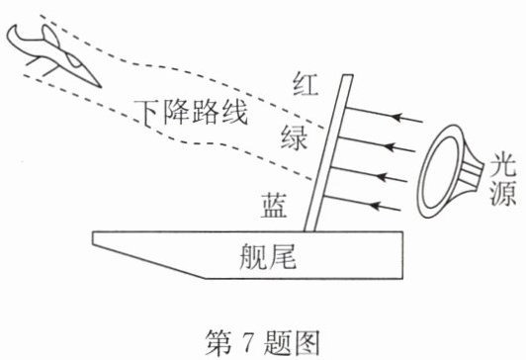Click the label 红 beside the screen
coord(305,84)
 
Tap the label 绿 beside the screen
coord(294,137)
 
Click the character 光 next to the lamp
coord(503,166)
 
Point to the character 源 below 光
coord(503,194)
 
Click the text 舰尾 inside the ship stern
coord(268,256)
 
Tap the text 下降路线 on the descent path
coord(191,112)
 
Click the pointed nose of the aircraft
coord(100,87)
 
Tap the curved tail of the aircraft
coord(14,37)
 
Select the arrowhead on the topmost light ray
coord(397,117)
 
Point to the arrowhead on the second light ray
coord(390,146)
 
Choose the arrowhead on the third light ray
coord(383,176)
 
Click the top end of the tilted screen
coord(348,76)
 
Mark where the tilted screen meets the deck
coord(309,231)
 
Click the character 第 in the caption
coord(219,342)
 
